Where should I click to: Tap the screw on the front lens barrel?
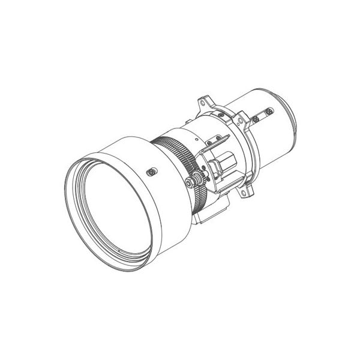click(152, 172)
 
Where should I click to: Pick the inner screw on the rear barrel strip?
click(257, 119)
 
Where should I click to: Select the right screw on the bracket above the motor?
click(224, 134)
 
